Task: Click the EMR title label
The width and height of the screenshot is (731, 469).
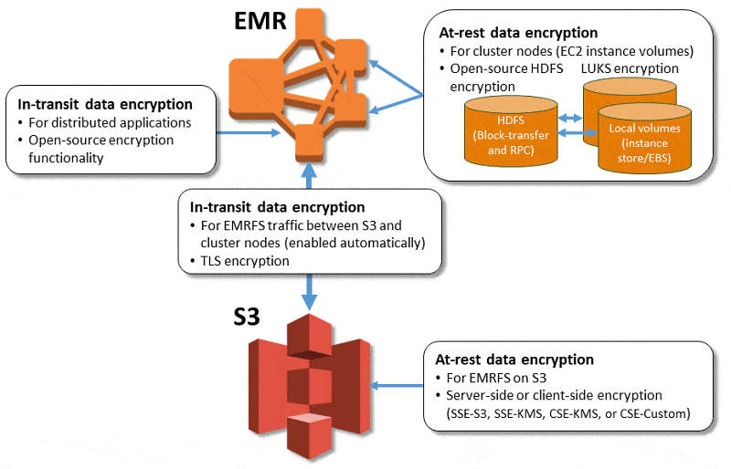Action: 258,21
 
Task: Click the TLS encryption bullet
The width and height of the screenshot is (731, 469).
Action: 243,261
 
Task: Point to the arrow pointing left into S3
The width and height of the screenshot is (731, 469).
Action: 398,385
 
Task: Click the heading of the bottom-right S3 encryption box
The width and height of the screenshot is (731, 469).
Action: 514,360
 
